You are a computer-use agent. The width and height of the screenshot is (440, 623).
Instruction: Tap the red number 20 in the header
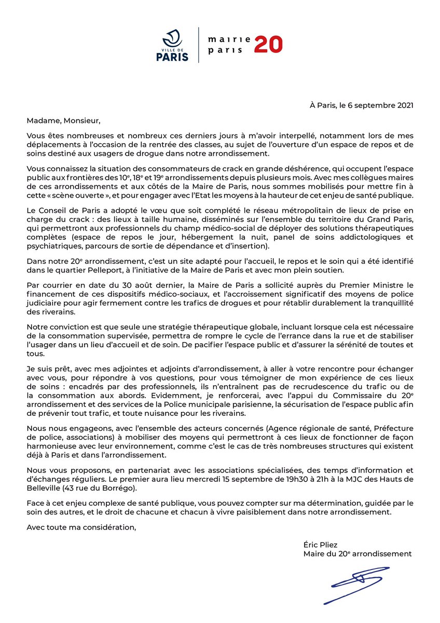pos(268,45)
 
